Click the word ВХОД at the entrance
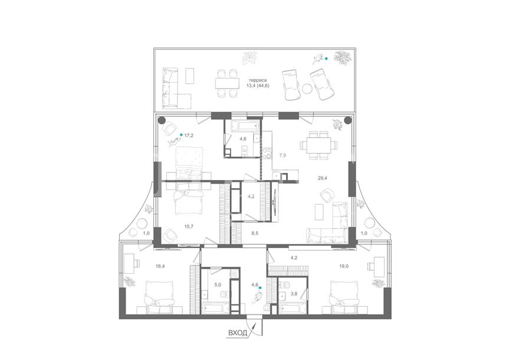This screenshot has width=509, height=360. click(x=238, y=333)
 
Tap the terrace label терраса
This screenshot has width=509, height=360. click(x=258, y=80)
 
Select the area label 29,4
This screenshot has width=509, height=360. click(x=323, y=178)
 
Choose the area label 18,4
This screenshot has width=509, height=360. click(x=160, y=266)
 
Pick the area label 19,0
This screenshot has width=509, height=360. click(x=344, y=266)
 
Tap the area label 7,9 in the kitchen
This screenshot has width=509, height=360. click(x=283, y=155)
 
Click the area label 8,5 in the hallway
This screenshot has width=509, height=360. click(x=255, y=233)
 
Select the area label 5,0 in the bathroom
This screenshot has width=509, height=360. click(x=218, y=285)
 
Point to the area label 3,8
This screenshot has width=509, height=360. click(x=294, y=294)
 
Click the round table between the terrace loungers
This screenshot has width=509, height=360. click(x=307, y=88)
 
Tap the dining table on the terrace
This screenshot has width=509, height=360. click(x=226, y=83)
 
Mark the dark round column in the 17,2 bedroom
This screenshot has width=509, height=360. click(x=162, y=120)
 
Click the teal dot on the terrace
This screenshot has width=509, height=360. click(x=327, y=59)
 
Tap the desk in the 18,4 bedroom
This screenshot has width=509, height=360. click(x=129, y=263)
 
